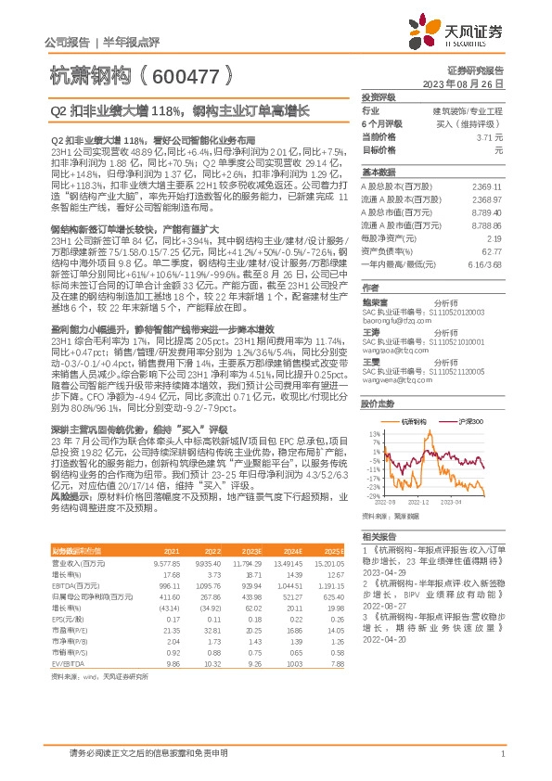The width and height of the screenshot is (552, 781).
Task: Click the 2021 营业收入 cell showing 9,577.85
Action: (x=165, y=563)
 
